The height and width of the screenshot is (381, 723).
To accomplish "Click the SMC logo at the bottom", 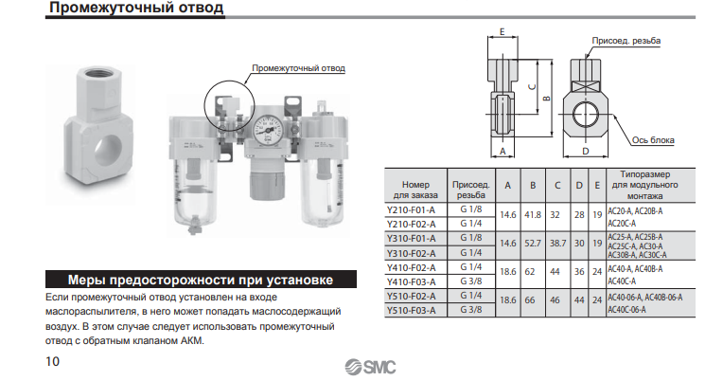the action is point(370,367).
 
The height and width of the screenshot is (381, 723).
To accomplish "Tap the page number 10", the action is point(53,362).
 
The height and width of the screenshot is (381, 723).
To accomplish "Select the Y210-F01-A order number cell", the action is point(411,210).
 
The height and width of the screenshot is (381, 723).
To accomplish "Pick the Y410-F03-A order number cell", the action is point(411,281).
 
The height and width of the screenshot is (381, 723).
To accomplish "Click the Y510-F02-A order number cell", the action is point(411,296).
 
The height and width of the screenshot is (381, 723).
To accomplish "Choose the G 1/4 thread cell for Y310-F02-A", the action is point(470,253).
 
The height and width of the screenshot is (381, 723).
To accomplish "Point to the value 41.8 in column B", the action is point(533,215).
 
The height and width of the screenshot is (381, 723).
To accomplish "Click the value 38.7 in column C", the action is point(557,243).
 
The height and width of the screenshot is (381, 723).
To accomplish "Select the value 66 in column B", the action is point(530,300).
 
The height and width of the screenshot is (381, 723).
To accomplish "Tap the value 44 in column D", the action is point(579,300).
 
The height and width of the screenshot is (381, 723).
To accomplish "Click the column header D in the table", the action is point(579,185).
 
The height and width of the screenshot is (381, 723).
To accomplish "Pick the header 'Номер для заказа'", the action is point(415,190).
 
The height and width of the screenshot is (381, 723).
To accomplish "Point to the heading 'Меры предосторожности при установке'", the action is point(201,280).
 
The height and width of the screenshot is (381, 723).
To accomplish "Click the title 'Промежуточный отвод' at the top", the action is point(136,8).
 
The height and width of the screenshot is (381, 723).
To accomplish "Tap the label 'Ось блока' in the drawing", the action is point(653,140).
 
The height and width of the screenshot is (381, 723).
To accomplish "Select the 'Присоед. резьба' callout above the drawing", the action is point(626,41).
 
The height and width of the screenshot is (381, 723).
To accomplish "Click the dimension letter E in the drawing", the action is point(503,32).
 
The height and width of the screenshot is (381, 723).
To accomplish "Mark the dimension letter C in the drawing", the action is point(532,87).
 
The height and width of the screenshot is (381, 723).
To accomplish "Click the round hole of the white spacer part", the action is point(108,153).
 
